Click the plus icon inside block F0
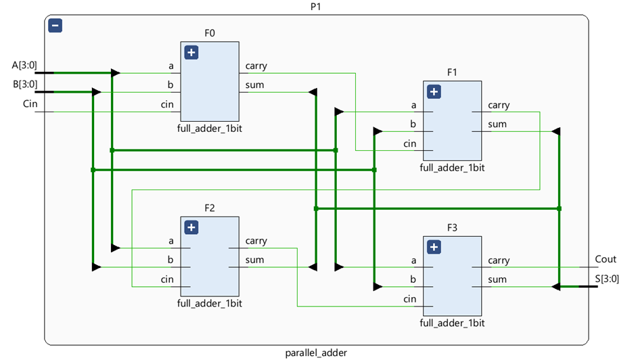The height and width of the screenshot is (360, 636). tap(191, 53)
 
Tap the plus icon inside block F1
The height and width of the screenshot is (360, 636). tap(434, 91)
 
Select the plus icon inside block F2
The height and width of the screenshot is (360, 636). tap(191, 227)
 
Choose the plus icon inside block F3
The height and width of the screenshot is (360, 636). tap(434, 247)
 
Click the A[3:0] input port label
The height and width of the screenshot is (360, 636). tap(24, 66)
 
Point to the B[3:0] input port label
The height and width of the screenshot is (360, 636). tap(24, 85)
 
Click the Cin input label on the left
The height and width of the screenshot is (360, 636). tap(30, 104)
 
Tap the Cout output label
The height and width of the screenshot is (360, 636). tap(606, 259)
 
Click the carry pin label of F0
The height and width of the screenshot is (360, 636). tap(256, 66)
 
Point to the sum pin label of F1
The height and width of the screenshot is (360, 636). tap(497, 125)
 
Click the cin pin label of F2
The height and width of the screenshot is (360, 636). tap(167, 279)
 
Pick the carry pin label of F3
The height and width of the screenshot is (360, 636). tap(499, 261)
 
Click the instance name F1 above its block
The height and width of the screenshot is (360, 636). tap(453, 71)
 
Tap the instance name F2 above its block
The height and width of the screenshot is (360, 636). tap(209, 208)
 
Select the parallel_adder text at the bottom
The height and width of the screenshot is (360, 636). tap(317, 353)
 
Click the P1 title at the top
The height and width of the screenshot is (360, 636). tap(317, 6)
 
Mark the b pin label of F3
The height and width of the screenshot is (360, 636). tap(413, 279)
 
